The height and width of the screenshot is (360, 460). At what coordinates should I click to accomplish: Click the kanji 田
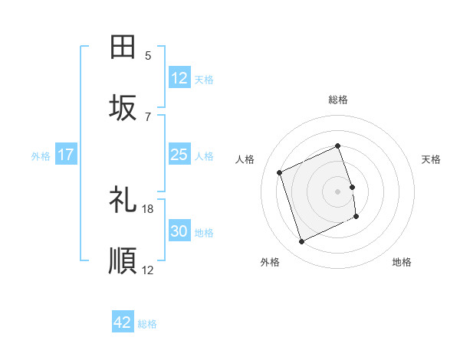click(123, 47)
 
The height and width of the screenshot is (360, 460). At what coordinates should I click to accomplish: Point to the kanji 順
click(123, 261)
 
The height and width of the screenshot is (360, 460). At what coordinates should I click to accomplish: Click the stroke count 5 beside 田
click(148, 56)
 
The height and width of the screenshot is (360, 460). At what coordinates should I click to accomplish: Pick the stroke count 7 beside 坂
click(148, 117)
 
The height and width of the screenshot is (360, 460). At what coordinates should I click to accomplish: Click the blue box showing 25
click(179, 155)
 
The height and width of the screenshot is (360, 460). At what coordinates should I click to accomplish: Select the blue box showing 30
click(179, 232)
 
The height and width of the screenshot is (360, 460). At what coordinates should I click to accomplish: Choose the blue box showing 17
click(66, 155)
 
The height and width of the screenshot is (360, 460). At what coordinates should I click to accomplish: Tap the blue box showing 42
click(123, 322)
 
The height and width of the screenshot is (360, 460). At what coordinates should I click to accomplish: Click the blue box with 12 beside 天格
click(179, 77)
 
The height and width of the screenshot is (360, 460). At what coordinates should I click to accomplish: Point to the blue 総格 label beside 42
click(147, 324)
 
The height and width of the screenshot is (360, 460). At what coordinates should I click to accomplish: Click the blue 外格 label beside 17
click(41, 156)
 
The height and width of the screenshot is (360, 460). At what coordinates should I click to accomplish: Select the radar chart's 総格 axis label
click(338, 100)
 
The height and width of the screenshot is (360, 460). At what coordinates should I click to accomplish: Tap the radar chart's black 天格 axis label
click(432, 159)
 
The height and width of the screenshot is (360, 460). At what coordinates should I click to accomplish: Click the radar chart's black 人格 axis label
click(245, 159)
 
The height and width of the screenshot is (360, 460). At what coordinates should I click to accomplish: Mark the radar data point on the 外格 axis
click(301, 242)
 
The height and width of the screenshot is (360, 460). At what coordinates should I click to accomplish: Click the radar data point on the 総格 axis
click(338, 146)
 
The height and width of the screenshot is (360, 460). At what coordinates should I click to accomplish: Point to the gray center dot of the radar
click(338, 191)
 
